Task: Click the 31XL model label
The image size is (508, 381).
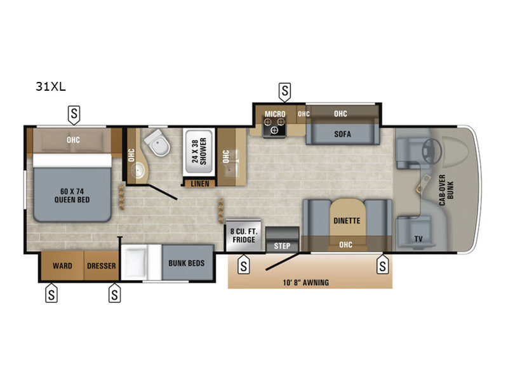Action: coord(51,86)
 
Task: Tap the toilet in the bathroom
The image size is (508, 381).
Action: coord(157,143)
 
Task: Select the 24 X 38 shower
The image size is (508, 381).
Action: coord(199,152)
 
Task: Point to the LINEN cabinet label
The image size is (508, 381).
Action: coord(200,184)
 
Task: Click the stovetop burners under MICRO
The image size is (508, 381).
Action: coord(274,126)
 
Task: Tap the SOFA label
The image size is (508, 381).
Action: coord(342,134)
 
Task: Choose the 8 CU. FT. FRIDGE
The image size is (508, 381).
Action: coord(243,235)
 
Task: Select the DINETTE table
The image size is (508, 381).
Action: coord(347,220)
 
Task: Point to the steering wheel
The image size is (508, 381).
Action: coord(431,151)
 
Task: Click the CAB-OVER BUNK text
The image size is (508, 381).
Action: coord(446,190)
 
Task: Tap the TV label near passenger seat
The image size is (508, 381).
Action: coord(418,239)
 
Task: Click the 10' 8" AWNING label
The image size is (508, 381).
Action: coord(306,283)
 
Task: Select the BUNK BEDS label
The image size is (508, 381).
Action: coord(186,263)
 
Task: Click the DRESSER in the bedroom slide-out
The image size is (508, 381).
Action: coord(102,265)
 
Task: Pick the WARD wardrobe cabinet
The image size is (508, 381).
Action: coord(62,265)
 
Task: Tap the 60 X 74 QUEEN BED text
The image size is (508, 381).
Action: coord(72,196)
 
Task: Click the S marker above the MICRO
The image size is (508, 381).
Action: coord(284,91)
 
